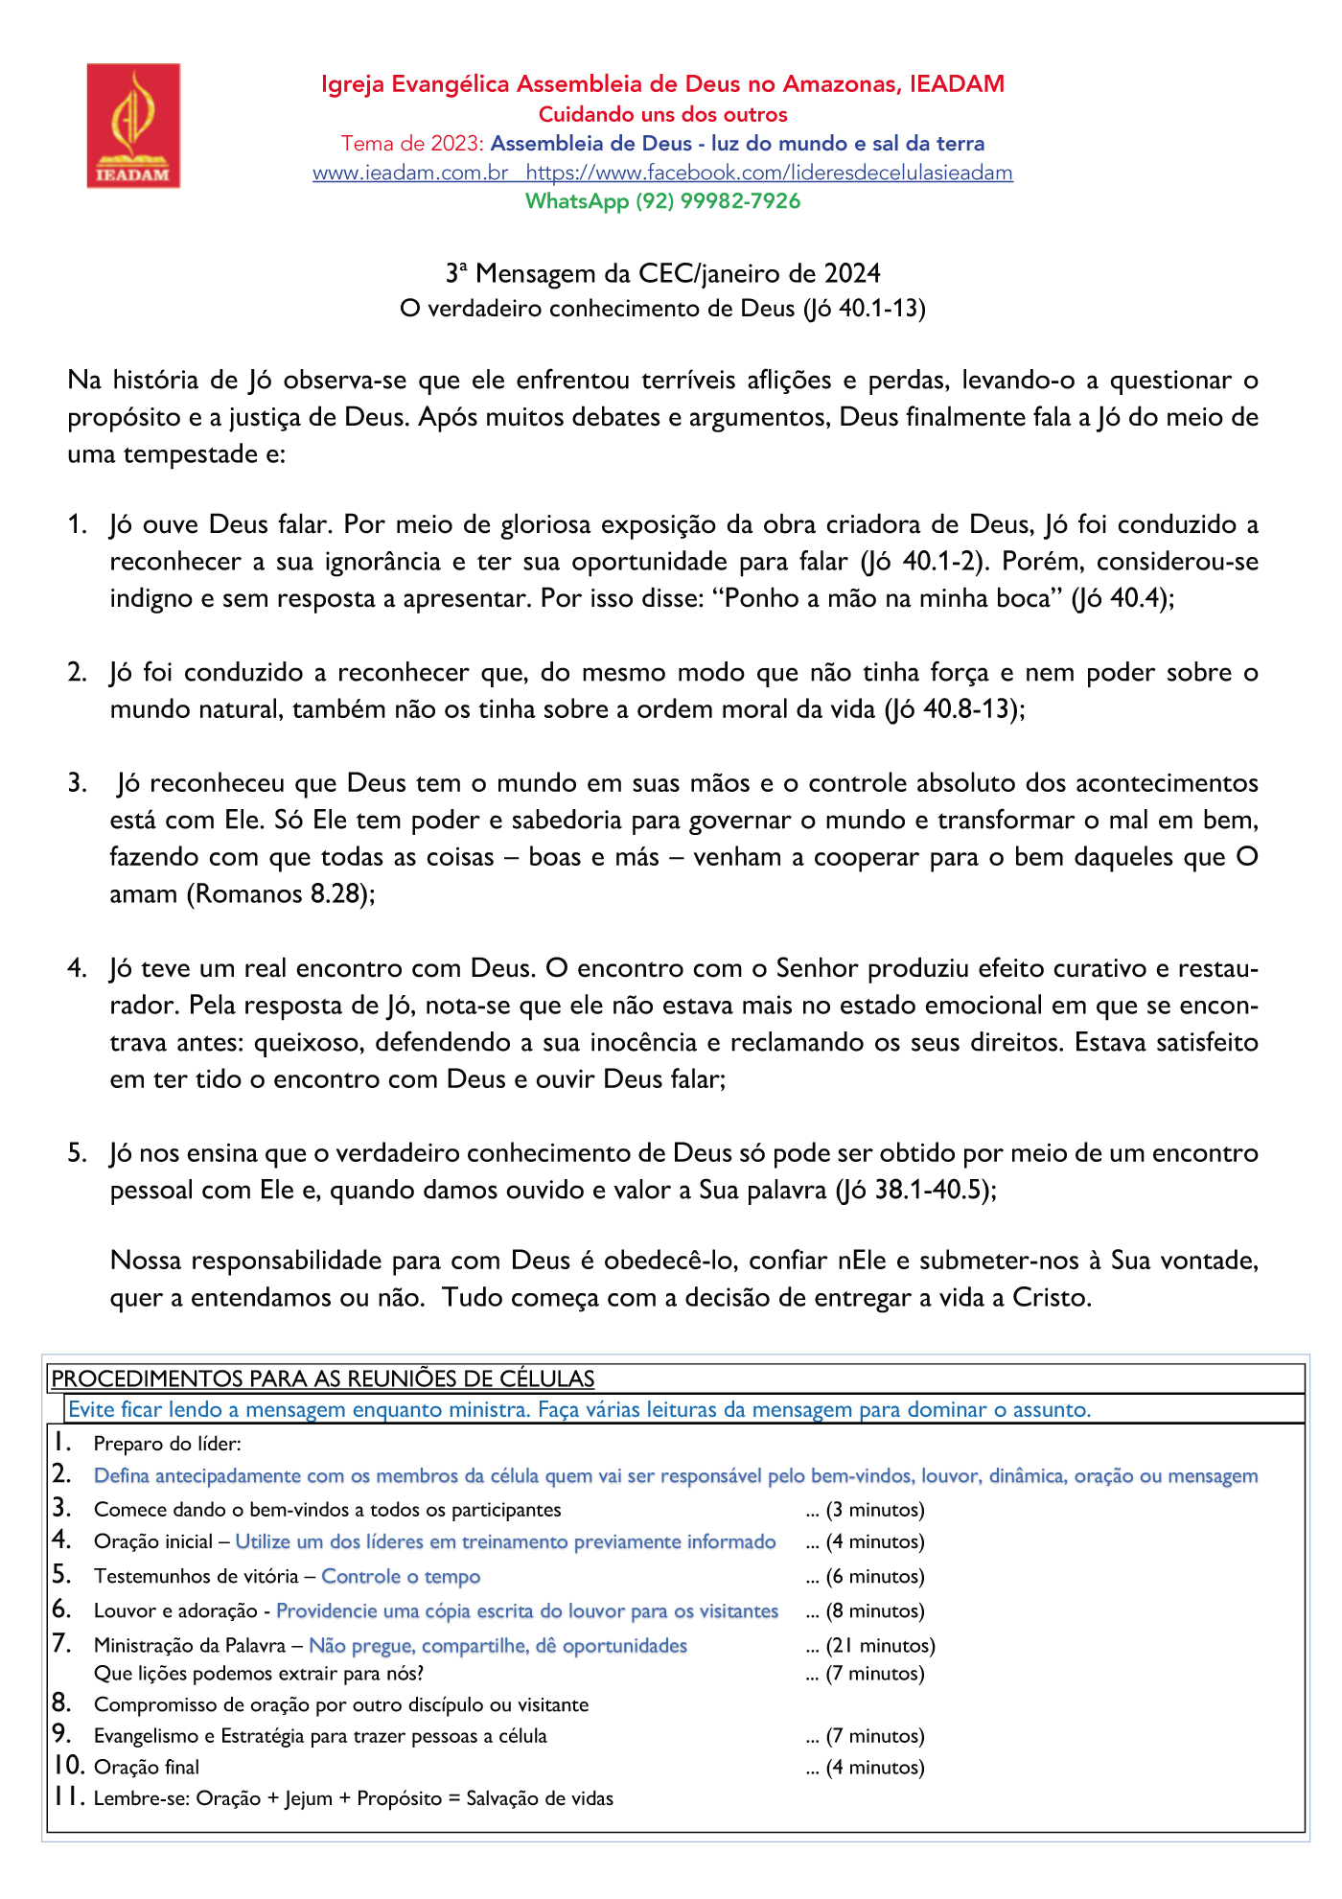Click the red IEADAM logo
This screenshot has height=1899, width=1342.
[133, 126]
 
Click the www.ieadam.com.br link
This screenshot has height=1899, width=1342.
[410, 174]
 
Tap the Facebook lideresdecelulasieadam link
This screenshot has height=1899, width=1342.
[769, 174]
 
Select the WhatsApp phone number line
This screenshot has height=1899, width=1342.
[662, 201]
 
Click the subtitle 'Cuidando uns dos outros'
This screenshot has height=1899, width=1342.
[662, 115]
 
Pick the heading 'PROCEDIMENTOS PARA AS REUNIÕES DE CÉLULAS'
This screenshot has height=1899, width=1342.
[323, 1379]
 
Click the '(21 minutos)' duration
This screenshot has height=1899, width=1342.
[880, 1646]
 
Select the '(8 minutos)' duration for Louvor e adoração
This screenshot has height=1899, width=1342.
[874, 1611]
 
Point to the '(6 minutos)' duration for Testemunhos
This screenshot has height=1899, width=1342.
[874, 1577]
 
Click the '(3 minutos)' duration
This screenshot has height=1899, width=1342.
[874, 1511]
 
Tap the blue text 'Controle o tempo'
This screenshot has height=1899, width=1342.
[401, 1577]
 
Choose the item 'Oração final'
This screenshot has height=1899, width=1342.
[147, 1768]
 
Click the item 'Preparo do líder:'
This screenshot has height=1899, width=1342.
[168, 1445]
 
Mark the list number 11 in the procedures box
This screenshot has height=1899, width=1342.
[67, 1796]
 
